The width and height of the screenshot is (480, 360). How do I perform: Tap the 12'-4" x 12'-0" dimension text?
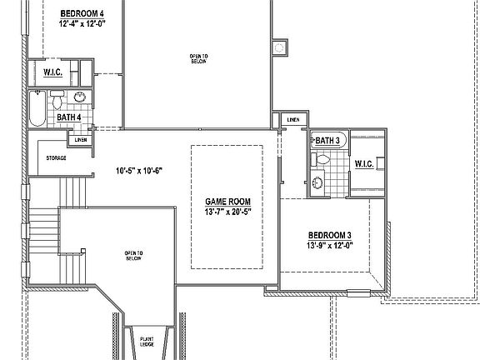[x=82, y=25]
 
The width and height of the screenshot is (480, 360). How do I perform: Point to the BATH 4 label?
[x=68, y=118]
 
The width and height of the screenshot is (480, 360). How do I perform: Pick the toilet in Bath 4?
[x=57, y=102]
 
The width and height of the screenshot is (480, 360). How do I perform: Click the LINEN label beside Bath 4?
[x=81, y=139]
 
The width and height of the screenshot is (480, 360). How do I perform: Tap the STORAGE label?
[x=56, y=157]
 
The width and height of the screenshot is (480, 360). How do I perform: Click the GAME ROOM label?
[x=227, y=202]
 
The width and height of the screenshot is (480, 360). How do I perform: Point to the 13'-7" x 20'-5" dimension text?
[x=227, y=212]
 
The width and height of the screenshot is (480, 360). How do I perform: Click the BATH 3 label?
[x=328, y=141]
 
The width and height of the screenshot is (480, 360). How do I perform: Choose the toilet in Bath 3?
[x=321, y=161]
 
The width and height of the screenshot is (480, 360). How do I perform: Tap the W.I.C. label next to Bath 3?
[x=364, y=163]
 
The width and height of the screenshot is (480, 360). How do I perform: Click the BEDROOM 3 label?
[x=332, y=235]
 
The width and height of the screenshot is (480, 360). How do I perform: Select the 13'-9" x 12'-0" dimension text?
[x=332, y=245]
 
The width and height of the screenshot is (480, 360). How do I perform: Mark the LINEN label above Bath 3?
[x=292, y=120]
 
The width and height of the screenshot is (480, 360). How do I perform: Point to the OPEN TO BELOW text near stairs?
[x=134, y=255]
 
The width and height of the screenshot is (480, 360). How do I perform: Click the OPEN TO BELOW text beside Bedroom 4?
[x=198, y=58]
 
